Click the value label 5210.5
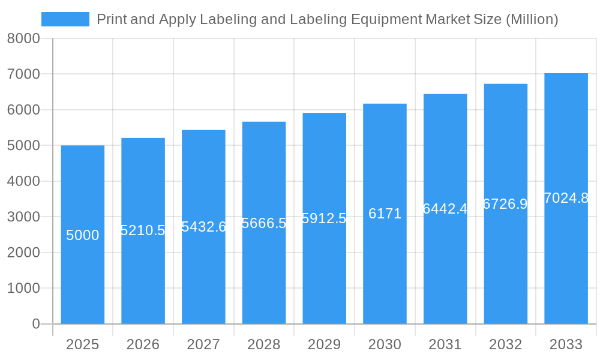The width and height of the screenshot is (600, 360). point(143,230)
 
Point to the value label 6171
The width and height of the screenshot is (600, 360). point(385,214)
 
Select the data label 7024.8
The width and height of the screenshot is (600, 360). point(566,198)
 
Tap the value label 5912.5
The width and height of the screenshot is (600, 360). point(324,218)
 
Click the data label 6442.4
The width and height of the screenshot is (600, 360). point(445,209)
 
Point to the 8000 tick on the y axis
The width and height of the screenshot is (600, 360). point(23,39)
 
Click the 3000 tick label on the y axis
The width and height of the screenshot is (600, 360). point(23,217)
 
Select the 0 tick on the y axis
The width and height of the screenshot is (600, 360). point(35,324)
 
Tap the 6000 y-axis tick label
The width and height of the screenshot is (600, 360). point(23,110)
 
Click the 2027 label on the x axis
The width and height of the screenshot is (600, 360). point(203,344)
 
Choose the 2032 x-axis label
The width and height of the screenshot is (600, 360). point(505,344)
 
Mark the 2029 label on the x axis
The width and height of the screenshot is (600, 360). point(324,344)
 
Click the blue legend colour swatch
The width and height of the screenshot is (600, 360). point(65,19)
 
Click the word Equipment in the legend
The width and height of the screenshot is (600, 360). point(386,20)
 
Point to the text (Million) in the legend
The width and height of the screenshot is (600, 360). point(532,20)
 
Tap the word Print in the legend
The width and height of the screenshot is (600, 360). point(112,20)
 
